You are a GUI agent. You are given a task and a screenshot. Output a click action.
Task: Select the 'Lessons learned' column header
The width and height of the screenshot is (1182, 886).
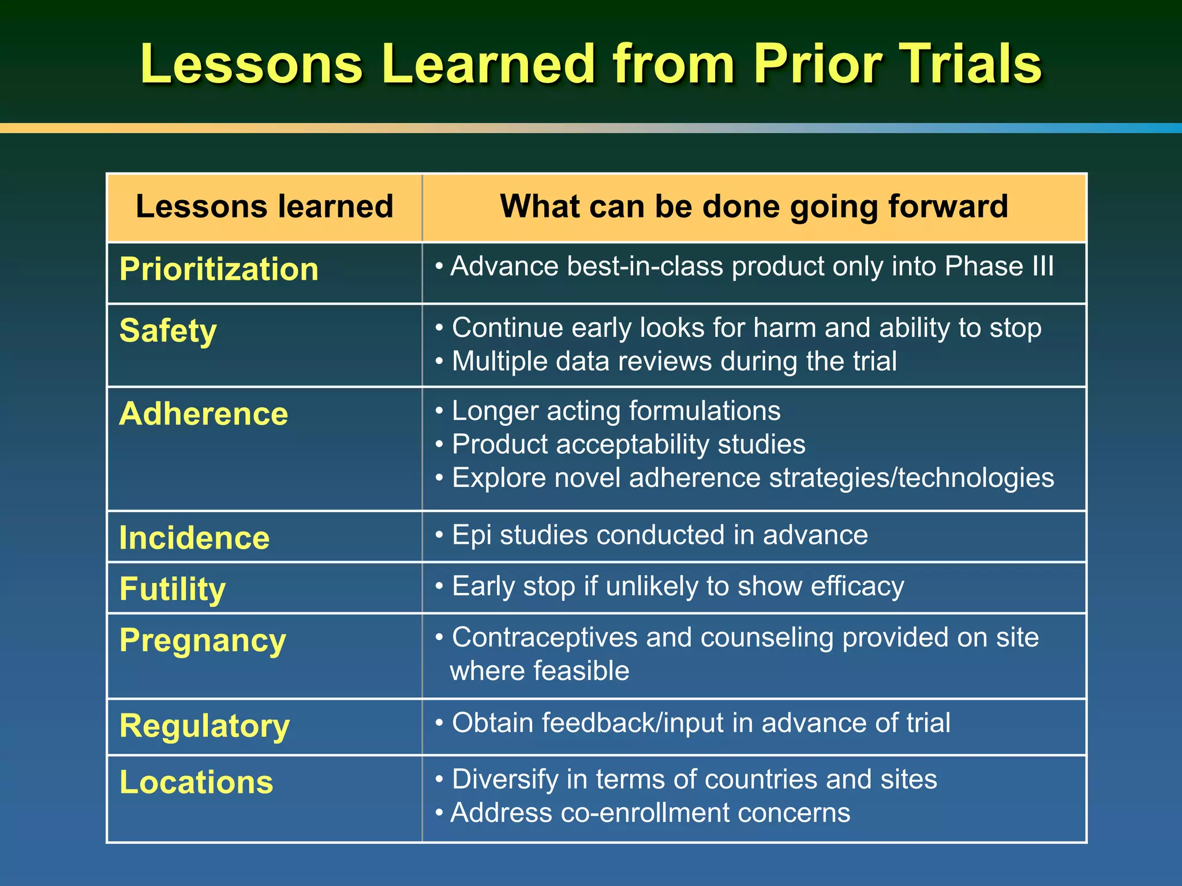(x=264, y=207)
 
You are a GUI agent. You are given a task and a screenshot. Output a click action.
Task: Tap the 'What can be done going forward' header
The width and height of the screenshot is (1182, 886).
(x=754, y=207)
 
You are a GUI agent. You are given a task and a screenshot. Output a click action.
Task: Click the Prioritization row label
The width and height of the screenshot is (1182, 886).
(x=219, y=269)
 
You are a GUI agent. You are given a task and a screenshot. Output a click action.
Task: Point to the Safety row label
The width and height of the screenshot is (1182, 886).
(x=168, y=331)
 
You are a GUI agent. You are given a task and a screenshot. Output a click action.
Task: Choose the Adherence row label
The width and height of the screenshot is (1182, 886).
(x=203, y=414)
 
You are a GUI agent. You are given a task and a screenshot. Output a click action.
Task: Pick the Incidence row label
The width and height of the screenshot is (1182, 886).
(x=194, y=538)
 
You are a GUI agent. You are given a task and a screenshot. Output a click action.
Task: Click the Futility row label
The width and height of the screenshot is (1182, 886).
(x=172, y=589)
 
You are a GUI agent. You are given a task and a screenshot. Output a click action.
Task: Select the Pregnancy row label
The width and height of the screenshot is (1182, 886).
(x=203, y=640)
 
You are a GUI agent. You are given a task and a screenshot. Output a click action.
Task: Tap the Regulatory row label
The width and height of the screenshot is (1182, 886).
(x=204, y=726)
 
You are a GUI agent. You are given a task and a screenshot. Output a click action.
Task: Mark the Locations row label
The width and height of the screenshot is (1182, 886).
(x=196, y=782)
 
